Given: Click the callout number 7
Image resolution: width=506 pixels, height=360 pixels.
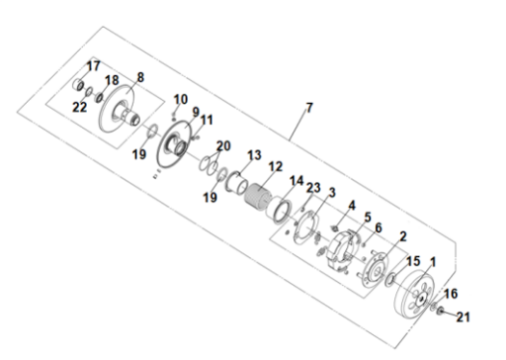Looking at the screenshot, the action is (x=309, y=108).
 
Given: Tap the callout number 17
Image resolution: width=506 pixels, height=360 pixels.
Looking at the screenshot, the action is (x=93, y=66).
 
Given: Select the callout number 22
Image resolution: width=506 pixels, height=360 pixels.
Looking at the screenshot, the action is (x=79, y=107).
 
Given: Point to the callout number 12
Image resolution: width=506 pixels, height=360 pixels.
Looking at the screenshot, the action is (x=276, y=166).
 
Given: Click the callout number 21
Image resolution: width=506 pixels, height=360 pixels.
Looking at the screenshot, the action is (x=463, y=317).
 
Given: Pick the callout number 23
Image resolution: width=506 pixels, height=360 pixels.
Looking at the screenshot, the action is (x=313, y=188).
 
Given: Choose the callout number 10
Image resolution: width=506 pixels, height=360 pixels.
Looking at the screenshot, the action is (x=181, y=99).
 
